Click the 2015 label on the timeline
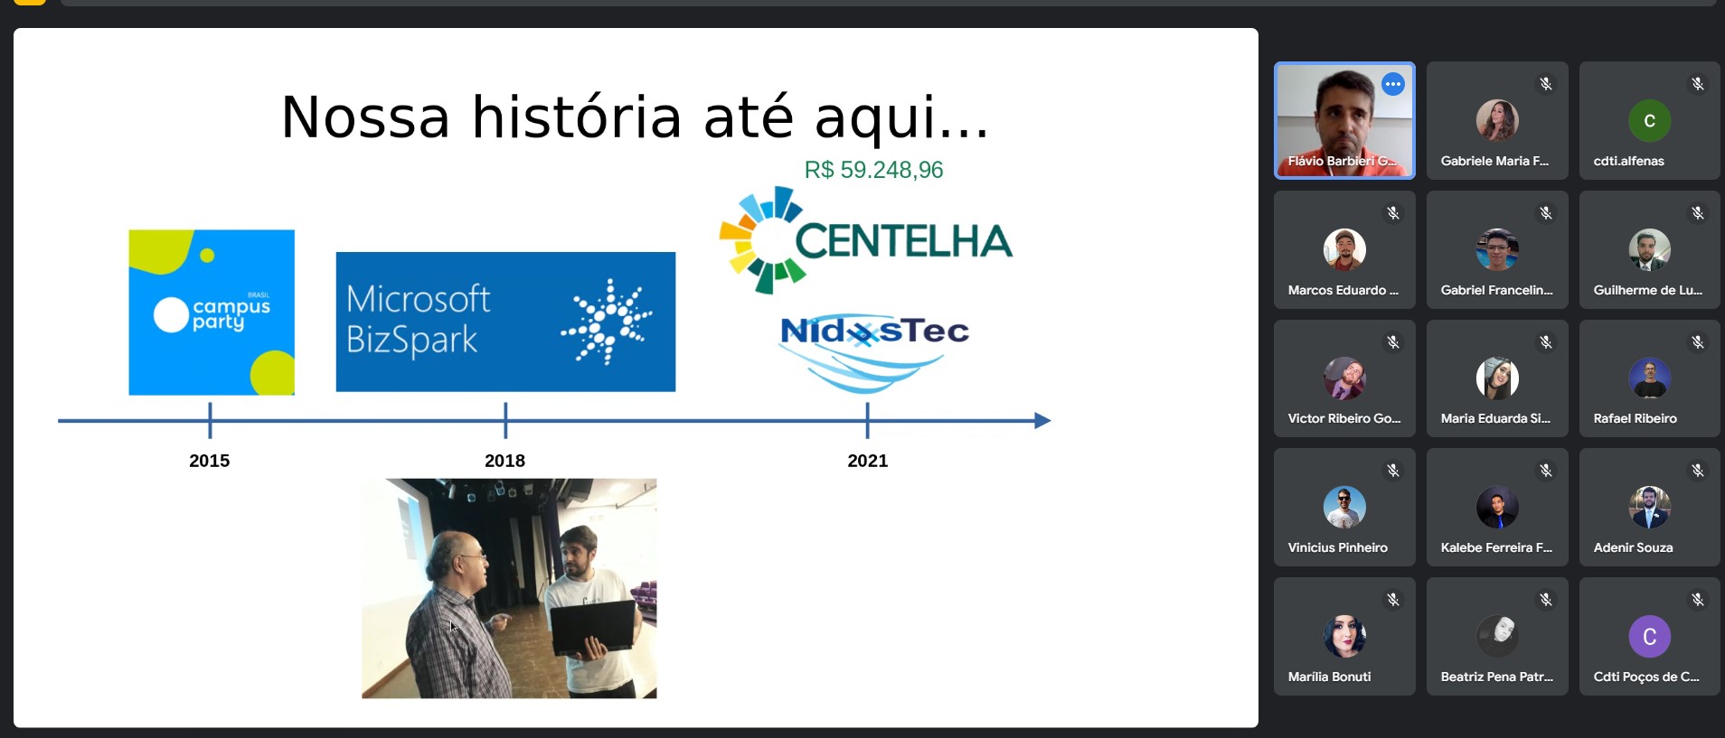209,461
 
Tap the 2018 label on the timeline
504,461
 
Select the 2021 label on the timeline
868,461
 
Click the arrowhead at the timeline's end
1042,420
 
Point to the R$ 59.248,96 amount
873,170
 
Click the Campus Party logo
212,313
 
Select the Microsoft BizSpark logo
505,322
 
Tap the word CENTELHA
903,241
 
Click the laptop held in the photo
593,627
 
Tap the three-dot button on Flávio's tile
1393,85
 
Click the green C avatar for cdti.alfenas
1649,121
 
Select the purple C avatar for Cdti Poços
1649,637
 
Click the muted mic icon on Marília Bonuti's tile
1393,600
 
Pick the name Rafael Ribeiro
1635,418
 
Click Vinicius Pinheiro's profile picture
1344,508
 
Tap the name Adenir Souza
1633,547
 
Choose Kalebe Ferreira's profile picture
1497,508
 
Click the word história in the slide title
577,117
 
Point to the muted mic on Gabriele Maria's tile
1546,84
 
